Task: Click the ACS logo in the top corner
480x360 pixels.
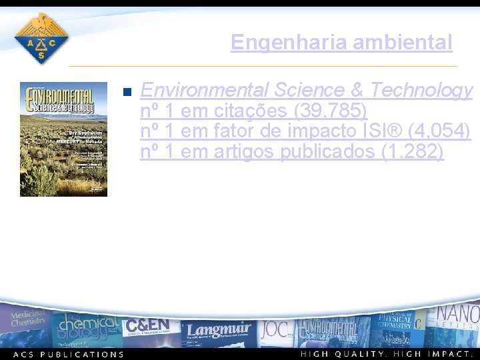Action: (41, 39)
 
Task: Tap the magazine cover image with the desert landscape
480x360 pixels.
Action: (63, 139)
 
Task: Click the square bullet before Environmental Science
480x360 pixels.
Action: (129, 92)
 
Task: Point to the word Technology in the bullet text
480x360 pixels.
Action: (421, 90)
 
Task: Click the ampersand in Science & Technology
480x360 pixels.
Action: (357, 90)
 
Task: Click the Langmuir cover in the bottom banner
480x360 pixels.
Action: (218, 330)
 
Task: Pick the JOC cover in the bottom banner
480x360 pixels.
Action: (274, 329)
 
